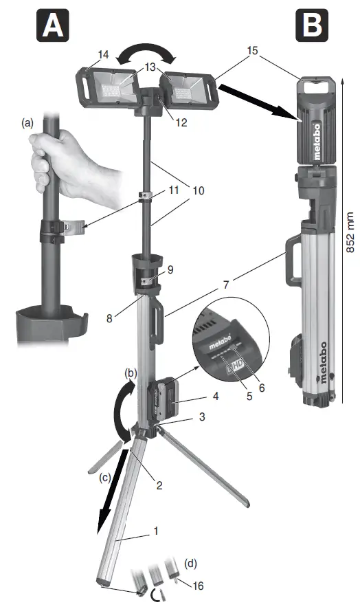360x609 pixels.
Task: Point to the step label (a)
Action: click(27, 124)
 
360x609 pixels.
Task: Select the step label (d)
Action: click(189, 564)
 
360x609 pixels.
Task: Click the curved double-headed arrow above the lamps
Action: click(144, 53)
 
